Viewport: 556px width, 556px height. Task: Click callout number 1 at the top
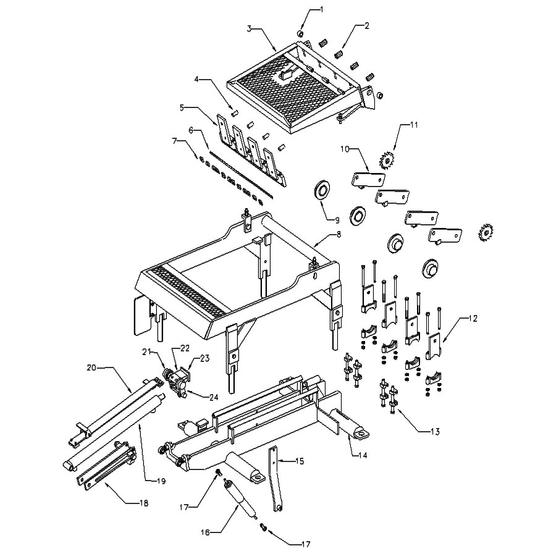tap(321, 9)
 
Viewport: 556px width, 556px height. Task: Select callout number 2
tap(366, 25)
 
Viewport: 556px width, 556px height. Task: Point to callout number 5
tap(182, 107)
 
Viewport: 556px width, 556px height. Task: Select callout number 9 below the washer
tap(338, 219)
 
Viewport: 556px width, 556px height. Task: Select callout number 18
tap(144, 503)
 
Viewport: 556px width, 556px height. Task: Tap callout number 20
tap(91, 368)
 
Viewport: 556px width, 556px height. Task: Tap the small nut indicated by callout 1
tap(301, 33)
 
